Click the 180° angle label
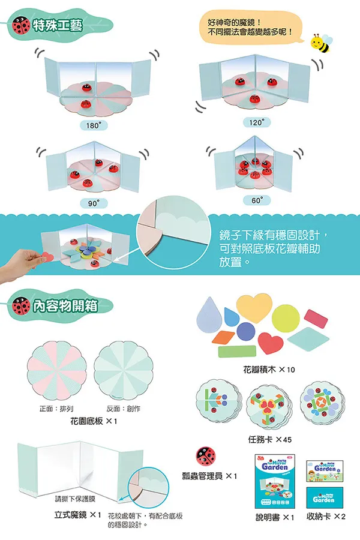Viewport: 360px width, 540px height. [94, 125]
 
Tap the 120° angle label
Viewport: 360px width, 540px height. [257, 122]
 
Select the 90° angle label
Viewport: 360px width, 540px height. [94, 203]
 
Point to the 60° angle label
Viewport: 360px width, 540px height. [257, 200]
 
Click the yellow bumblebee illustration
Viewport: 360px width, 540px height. [322, 43]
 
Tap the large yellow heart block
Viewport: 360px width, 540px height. [254, 308]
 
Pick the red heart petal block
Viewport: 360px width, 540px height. [271, 343]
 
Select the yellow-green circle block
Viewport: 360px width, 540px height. [285, 318]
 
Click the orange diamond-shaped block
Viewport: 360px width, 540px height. [223, 337]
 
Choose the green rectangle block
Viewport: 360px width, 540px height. [237, 352]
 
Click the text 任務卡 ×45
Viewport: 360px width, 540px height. [270, 439]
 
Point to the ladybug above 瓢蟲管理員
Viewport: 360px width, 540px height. [206, 456]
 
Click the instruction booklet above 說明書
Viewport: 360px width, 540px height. [275, 481]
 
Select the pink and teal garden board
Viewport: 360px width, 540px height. [56, 371]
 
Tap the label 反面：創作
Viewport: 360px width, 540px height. [123, 409]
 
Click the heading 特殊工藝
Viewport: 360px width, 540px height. [58, 25]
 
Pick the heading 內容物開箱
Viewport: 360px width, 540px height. [65, 306]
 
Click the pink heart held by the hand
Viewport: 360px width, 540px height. [47, 257]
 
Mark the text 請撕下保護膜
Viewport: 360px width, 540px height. [75, 499]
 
